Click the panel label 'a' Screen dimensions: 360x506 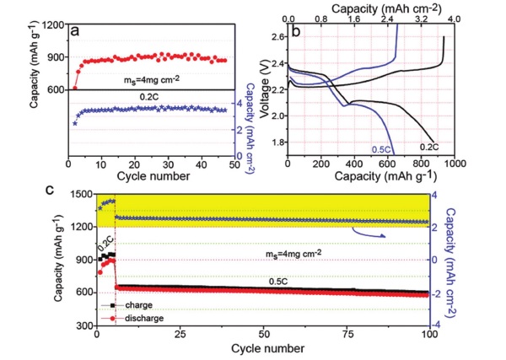[77, 31]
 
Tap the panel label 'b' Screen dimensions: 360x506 [298, 32]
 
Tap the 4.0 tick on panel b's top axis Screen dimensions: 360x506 [453, 17]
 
